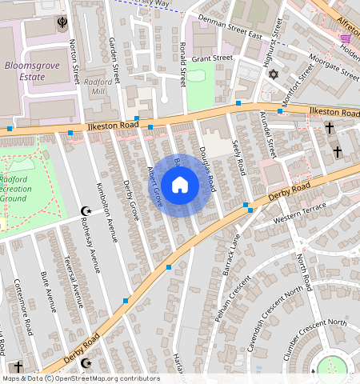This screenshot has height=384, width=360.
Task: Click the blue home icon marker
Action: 180,186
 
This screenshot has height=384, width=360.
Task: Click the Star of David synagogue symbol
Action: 272,74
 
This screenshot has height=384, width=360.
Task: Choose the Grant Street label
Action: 211,58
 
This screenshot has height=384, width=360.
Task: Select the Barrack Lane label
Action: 230,252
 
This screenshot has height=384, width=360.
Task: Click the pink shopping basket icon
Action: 345,38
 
